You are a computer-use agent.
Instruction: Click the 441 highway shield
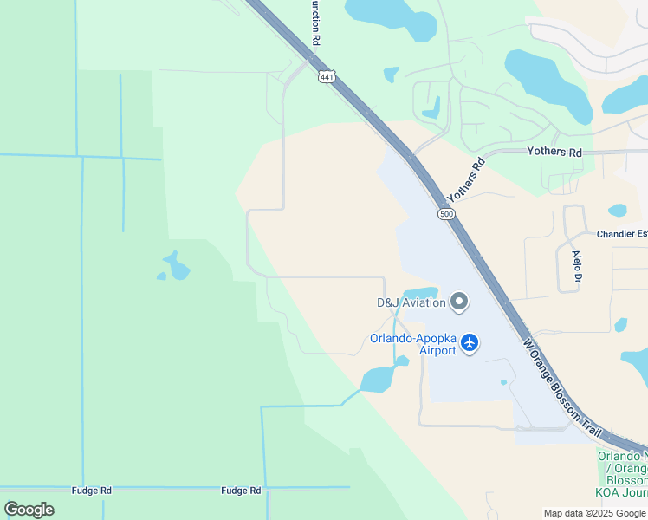[x=326, y=77]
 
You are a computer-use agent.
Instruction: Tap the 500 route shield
[x=446, y=213]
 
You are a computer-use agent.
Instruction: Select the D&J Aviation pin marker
[x=459, y=302]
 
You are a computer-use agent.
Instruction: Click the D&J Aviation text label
[x=411, y=302]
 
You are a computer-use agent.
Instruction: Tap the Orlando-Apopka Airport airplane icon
[x=470, y=343]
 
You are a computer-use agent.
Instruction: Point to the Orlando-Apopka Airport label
[x=413, y=344]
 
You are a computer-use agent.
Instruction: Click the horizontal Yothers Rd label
[x=554, y=152]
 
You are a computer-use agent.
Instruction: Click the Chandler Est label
[x=621, y=234]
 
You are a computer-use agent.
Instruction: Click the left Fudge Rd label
[x=93, y=491]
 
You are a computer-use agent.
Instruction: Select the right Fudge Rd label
[x=241, y=491]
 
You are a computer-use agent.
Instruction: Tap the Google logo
[x=29, y=510]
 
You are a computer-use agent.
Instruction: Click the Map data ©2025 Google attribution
[x=595, y=513]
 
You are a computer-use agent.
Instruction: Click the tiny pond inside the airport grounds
[x=503, y=382]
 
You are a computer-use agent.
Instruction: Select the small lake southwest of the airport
[x=379, y=379]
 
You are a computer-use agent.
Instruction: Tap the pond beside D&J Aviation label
[x=419, y=292]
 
